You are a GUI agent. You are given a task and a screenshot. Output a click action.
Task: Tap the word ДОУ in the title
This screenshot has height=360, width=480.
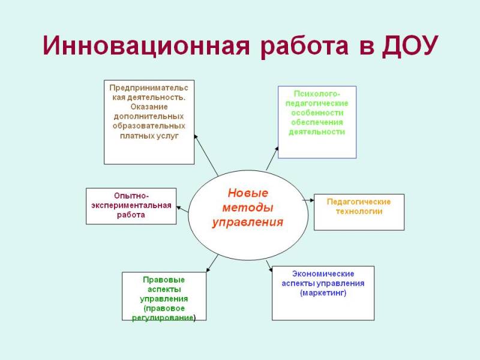click(410, 46)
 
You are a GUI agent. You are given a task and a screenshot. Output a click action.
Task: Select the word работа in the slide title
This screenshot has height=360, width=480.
click(305, 47)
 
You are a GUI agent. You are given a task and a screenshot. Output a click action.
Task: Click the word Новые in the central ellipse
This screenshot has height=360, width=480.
click(248, 193)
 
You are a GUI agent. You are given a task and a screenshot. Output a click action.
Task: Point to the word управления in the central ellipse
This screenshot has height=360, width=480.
click(248, 222)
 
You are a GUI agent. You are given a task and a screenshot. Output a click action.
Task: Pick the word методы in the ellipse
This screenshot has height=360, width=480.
click(248, 208)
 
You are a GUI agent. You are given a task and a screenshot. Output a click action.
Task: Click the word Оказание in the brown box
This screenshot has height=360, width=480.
click(149, 107)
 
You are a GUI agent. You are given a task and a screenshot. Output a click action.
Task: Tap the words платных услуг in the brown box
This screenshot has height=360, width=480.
click(149, 136)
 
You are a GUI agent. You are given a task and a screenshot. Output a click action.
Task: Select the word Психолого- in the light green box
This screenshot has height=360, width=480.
click(317, 94)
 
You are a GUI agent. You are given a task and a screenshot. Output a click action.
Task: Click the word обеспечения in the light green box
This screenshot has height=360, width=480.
click(317, 122)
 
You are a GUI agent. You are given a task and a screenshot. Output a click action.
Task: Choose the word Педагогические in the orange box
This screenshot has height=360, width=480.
click(359, 202)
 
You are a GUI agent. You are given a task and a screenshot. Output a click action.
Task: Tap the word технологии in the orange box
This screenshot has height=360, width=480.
click(359, 212)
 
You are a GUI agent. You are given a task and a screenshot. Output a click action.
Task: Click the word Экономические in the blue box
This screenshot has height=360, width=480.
click(323, 274)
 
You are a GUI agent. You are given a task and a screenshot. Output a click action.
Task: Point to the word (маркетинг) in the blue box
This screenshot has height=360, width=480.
click(323, 293)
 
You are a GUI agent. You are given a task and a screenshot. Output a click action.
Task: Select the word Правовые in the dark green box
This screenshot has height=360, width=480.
click(164, 280)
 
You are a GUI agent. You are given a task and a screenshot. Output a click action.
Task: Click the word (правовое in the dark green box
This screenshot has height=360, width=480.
click(164, 308)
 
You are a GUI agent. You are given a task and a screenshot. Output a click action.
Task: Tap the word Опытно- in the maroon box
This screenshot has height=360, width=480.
click(131, 196)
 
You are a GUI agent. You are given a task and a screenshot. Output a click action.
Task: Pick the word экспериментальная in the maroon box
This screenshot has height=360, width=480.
click(131, 205)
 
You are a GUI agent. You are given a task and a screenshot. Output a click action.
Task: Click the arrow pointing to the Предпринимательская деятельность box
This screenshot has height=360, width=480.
click(206, 155)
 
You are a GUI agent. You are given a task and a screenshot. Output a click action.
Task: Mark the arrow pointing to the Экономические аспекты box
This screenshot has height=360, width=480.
click(269, 266)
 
